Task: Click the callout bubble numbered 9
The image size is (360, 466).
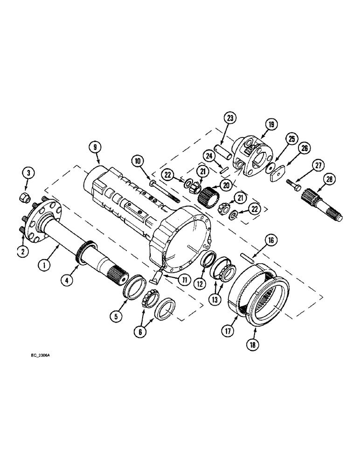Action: click(96, 146)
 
